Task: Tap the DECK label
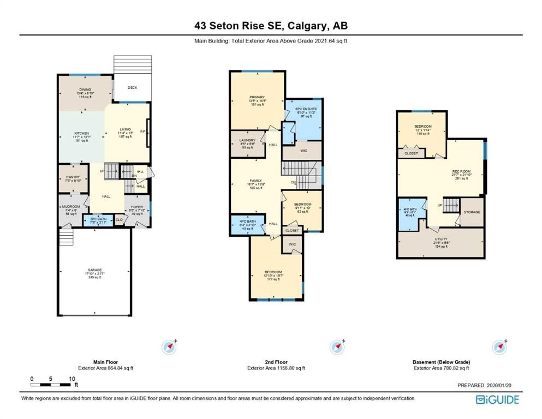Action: [x=132, y=88]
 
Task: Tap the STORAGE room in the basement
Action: [x=472, y=212]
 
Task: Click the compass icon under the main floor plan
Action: [x=170, y=346]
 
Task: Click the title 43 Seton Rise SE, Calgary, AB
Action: [x=271, y=25]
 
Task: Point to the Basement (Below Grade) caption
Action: [x=440, y=362]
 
